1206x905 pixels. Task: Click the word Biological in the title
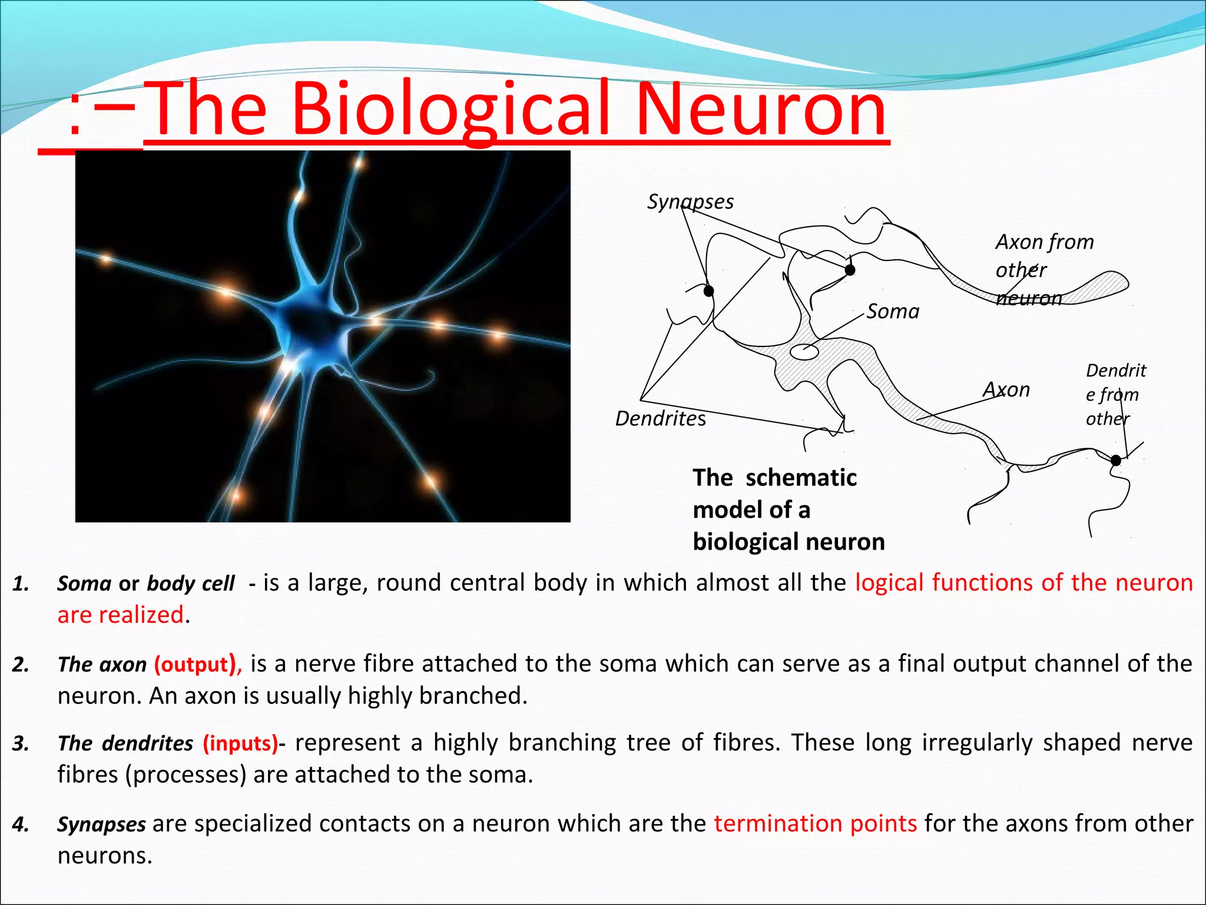450,110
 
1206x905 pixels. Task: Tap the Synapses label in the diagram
690,202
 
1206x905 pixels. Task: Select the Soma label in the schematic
893,311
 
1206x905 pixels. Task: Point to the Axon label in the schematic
1006,389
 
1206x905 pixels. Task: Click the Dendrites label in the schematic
660,418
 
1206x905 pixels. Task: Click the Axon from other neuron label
1044,269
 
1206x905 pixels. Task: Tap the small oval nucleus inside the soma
804,352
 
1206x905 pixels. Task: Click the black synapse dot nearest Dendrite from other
1115,460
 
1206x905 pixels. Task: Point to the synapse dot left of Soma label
850,270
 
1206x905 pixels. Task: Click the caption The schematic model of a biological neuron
788,510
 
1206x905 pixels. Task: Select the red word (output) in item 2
197,664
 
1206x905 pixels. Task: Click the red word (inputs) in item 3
240,743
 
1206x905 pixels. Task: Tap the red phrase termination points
815,823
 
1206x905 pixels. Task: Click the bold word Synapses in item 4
101,824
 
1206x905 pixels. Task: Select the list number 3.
21,744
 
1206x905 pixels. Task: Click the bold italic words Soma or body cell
145,583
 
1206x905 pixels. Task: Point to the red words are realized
120,615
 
